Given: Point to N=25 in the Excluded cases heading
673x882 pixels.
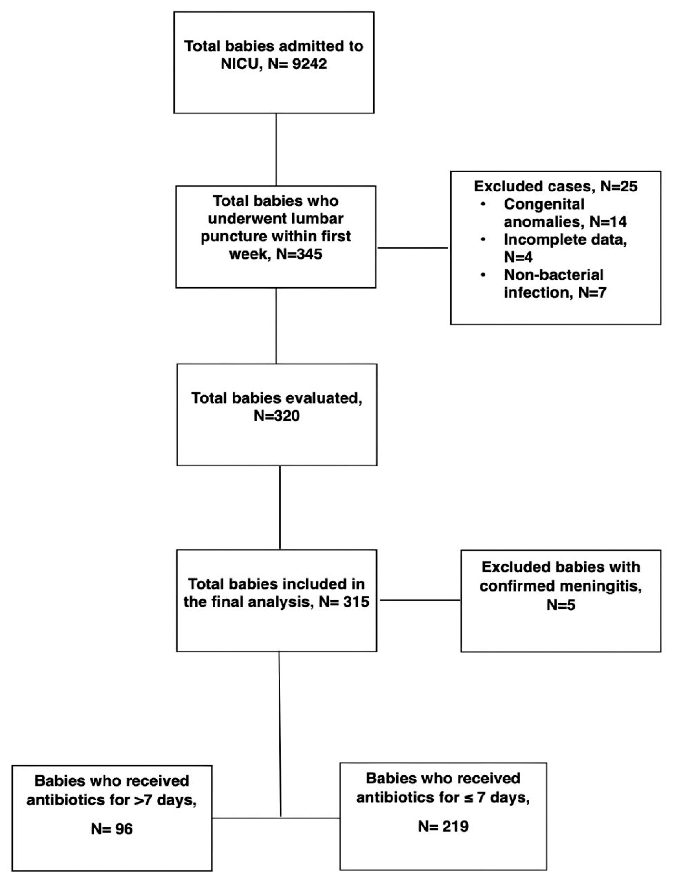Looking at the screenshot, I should (x=619, y=187).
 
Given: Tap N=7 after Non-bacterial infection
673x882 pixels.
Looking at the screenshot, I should (x=592, y=293).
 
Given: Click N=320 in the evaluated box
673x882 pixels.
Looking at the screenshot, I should (x=276, y=416).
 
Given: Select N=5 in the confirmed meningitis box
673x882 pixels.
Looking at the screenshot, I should (x=560, y=604).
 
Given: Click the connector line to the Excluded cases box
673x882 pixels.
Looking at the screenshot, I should (x=413, y=248).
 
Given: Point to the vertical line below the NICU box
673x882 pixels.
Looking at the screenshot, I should (x=276, y=149).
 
